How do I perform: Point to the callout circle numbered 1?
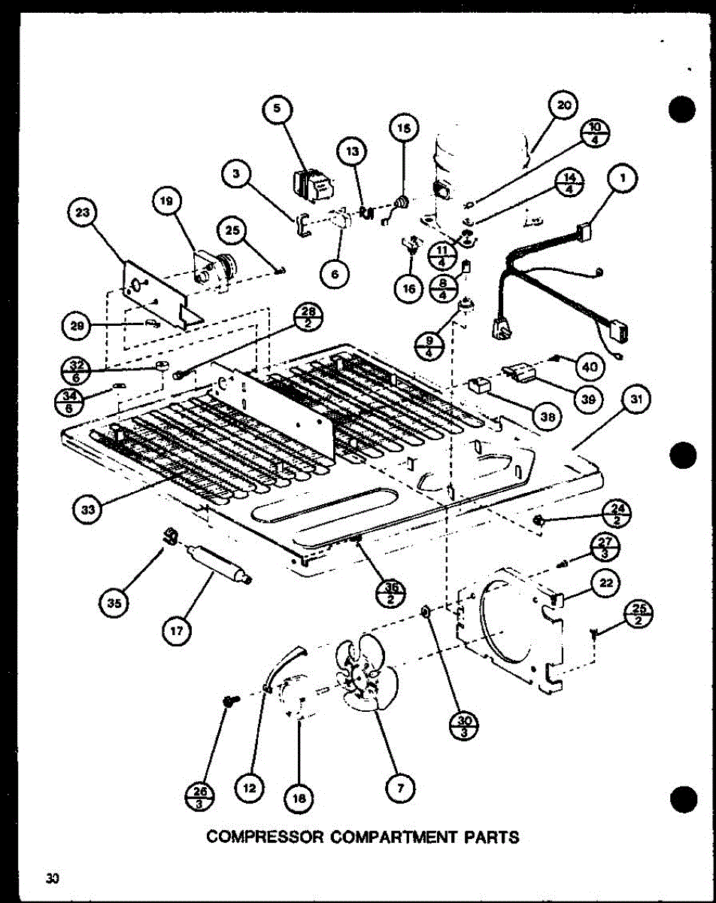[622, 178]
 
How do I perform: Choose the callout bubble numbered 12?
[251, 788]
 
